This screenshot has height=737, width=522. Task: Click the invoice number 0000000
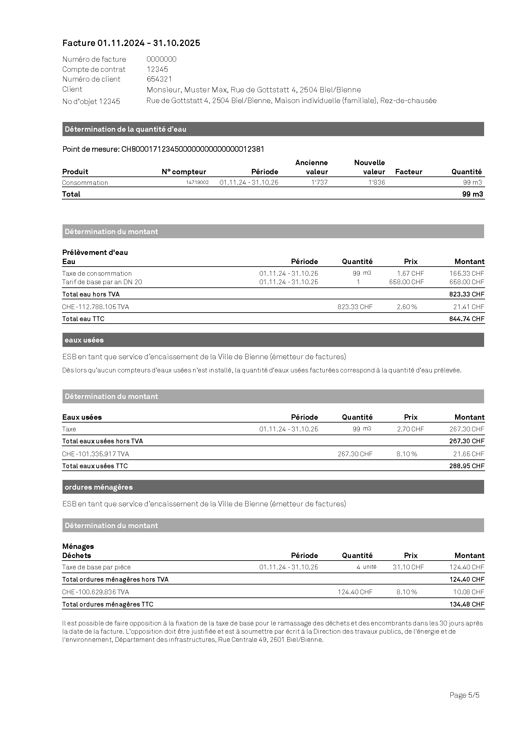161,59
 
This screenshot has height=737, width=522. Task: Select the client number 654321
159,79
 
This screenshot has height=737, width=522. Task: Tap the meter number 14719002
197,182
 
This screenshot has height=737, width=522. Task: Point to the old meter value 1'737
319,183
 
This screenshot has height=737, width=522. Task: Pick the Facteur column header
408,172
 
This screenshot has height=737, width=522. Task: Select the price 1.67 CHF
410,273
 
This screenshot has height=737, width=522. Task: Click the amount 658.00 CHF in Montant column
466,282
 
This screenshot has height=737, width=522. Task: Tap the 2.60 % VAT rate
406,307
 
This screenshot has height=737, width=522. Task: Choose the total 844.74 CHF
466,319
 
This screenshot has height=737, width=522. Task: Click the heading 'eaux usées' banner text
84,340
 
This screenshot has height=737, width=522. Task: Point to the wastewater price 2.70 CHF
410,429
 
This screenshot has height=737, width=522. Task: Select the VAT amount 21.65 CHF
468,454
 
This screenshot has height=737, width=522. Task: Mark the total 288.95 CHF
466,466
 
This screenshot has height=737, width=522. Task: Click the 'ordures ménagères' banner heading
99,487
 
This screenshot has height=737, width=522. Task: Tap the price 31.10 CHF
408,567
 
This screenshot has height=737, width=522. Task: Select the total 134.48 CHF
466,604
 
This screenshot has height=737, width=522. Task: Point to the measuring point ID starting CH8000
193,149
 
